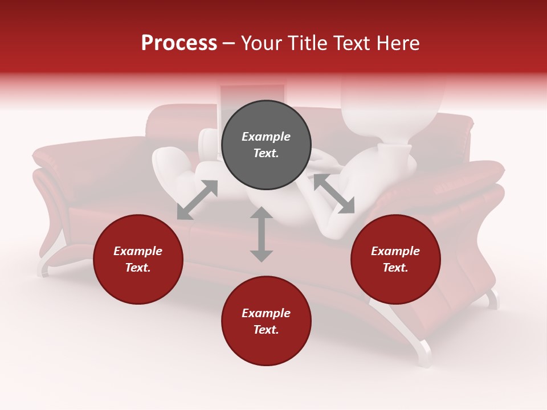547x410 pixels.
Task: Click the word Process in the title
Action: [179, 43]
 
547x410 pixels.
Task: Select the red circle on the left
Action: [138, 259]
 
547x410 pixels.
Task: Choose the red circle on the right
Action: [395, 259]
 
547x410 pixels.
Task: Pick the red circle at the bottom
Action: [266, 321]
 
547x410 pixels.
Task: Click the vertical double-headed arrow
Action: [262, 234]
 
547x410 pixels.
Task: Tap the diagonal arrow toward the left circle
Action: [197, 200]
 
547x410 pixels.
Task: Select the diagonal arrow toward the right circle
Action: [334, 194]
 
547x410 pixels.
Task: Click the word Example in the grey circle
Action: [266, 137]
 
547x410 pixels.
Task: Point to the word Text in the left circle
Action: [138, 268]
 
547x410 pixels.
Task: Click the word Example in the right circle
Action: [395, 251]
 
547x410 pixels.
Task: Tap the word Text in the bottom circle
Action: [266, 330]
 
